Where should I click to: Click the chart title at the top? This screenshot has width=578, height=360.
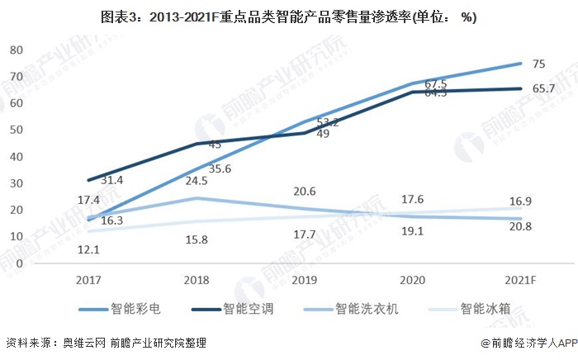(288, 17)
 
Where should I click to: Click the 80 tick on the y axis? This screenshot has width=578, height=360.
(15, 50)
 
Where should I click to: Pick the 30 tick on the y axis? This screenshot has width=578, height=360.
(15, 182)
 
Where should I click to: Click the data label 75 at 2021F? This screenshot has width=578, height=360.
(538, 64)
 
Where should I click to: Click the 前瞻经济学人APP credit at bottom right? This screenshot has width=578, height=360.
(528, 343)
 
